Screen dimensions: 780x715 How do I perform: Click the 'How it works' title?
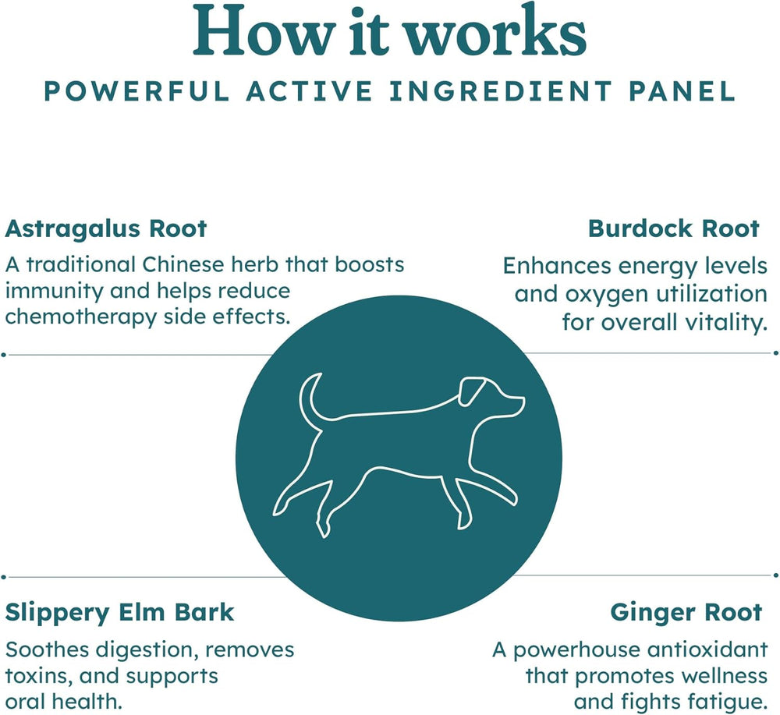pos(389,33)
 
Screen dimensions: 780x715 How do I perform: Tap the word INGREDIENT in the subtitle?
pos(499,91)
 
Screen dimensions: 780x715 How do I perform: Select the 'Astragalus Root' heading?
pos(105,229)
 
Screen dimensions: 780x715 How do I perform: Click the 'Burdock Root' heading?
pos(674,229)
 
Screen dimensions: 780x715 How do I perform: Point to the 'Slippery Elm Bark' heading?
pos(119,613)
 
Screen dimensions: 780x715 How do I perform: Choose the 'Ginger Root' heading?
pos(686,613)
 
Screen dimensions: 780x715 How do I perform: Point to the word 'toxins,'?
pos(37,677)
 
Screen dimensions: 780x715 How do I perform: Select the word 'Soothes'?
pos(48,650)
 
